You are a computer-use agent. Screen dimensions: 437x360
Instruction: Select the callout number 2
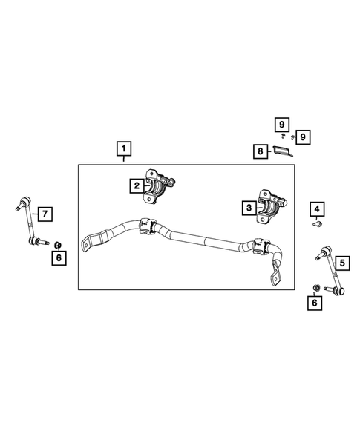[137, 186]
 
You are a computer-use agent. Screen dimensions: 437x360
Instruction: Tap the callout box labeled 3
[246, 208]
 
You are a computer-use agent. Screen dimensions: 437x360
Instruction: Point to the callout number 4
[317, 208]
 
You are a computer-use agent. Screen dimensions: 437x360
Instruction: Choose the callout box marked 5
[341, 262]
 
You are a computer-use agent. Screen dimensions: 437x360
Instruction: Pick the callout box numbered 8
[259, 151]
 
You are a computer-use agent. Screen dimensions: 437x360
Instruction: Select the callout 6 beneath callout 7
[59, 257]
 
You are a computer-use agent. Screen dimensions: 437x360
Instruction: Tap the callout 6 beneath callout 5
[316, 303]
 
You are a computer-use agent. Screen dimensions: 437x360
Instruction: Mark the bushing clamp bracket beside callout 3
[272, 207]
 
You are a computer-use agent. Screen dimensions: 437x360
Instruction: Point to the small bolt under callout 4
[317, 224]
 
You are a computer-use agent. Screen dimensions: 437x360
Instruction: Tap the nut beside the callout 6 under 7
[59, 243]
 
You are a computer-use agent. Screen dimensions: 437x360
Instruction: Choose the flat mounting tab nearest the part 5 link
[276, 277]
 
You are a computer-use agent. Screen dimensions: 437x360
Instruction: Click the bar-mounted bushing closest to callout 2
[148, 226]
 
